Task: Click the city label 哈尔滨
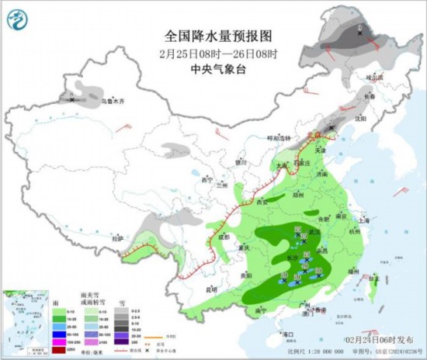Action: coord(376,77)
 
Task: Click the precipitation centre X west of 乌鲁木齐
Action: coord(72,99)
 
